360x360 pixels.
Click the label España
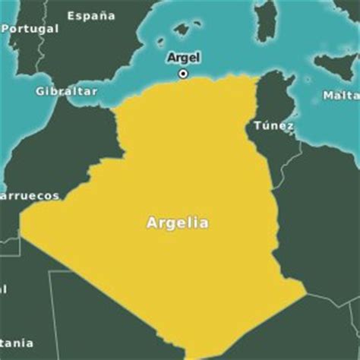(91, 15)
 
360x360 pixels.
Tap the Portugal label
(30, 29)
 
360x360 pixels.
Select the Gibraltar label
(67, 91)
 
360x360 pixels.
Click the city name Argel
(183, 58)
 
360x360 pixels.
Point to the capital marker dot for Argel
(183, 74)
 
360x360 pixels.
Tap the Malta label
(340, 96)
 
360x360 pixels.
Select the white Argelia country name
(177, 223)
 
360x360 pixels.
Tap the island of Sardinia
(266, 23)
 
